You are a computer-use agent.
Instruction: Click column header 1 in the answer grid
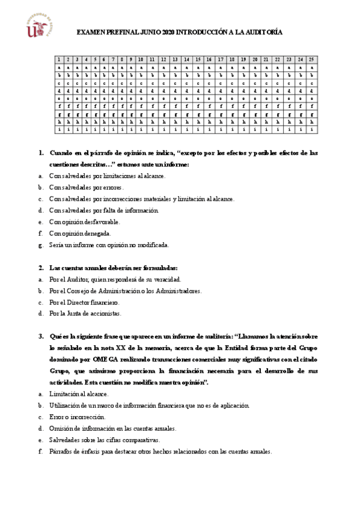pos(59,60)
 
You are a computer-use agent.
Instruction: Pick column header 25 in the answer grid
pos(311,60)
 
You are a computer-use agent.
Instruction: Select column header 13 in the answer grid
pos(175,60)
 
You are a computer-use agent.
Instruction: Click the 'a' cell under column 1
pos(59,68)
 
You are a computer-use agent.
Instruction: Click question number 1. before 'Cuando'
pos(41,153)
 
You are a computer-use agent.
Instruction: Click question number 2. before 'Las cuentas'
pos(41,268)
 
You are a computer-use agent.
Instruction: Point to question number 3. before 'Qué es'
pos(41,336)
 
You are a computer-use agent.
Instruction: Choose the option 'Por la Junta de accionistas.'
pos(85,313)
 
